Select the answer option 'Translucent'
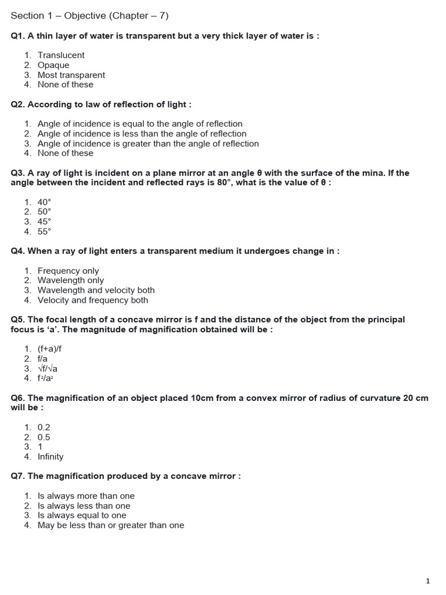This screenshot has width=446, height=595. tap(61, 55)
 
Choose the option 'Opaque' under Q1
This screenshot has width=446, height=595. tap(53, 65)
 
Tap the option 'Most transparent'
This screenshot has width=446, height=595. tap(71, 75)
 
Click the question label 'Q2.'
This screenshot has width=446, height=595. tap(18, 104)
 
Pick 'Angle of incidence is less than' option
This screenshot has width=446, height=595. tap(142, 134)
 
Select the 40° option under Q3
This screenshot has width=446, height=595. tap(44, 202)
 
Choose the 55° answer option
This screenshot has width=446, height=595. tap(44, 231)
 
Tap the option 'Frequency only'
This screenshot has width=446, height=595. tap(68, 271)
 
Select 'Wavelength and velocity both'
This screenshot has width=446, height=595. tap(96, 290)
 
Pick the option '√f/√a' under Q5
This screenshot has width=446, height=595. tap(48, 368)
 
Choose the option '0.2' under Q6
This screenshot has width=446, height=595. tap(44, 427)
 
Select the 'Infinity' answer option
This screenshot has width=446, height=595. tap(51, 457)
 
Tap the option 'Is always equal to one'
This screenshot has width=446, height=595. tap(81, 515)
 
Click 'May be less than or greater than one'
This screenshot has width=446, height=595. tap(110, 525)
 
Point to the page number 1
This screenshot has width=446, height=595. tap(427, 580)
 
